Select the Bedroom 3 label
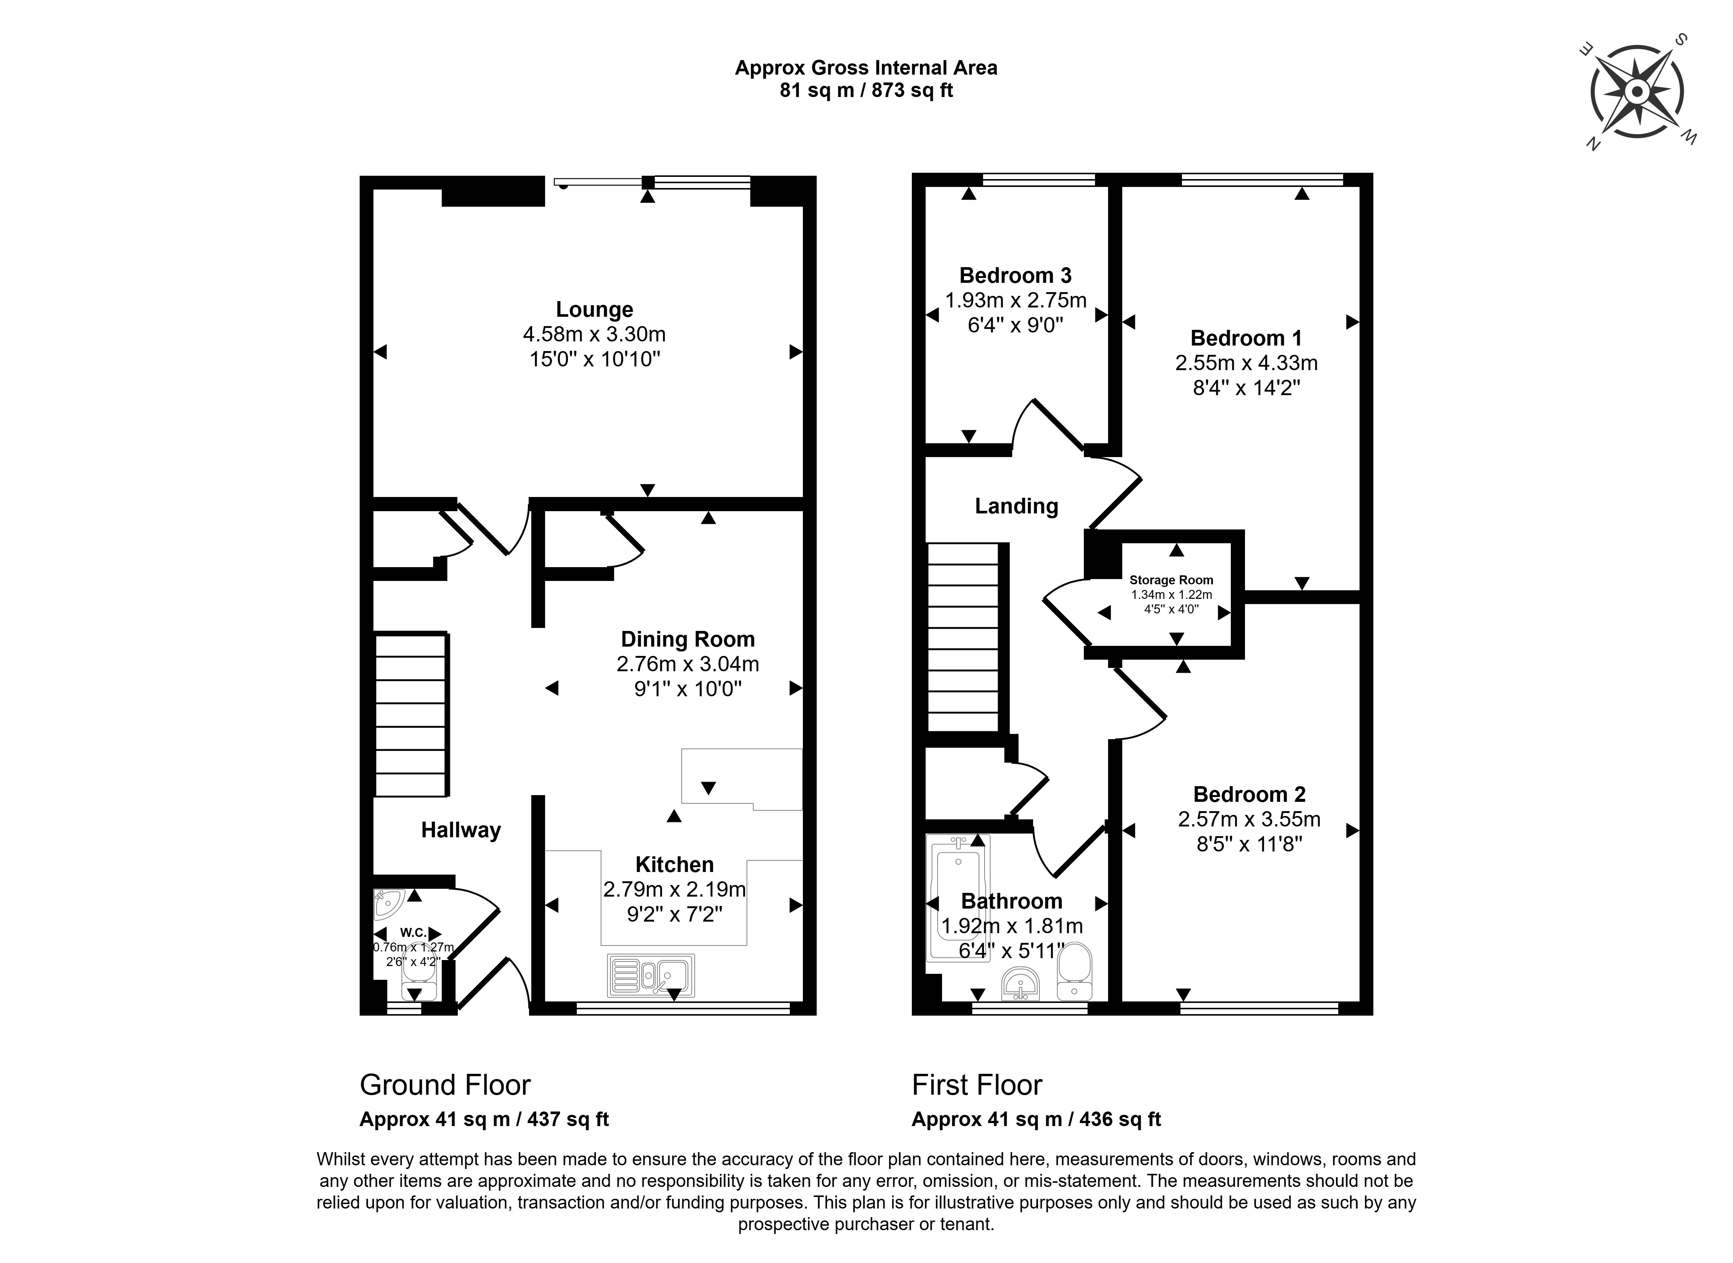coord(1015,275)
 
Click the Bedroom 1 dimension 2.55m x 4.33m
coord(1246,363)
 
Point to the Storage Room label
coord(1171,580)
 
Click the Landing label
coord(1016,506)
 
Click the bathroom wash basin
coord(1020,984)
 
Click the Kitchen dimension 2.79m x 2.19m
coord(674,889)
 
